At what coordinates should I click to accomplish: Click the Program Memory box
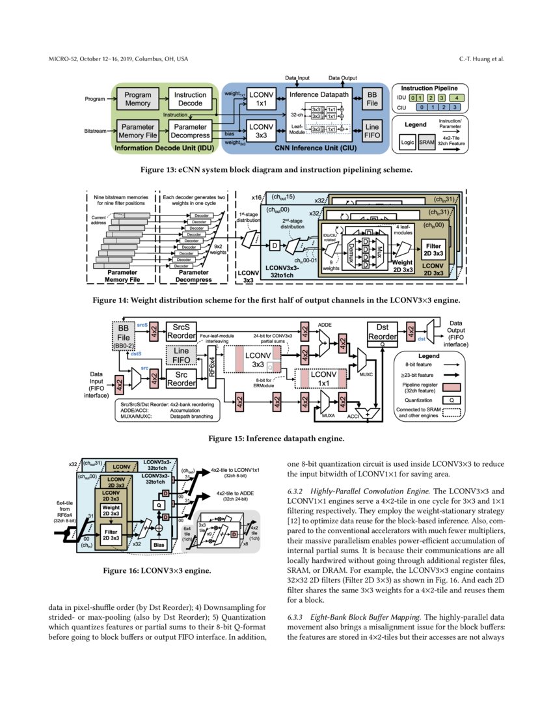click(x=137, y=99)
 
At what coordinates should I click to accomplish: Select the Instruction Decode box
click(x=191, y=99)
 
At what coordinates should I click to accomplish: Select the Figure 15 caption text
click(x=276, y=439)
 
